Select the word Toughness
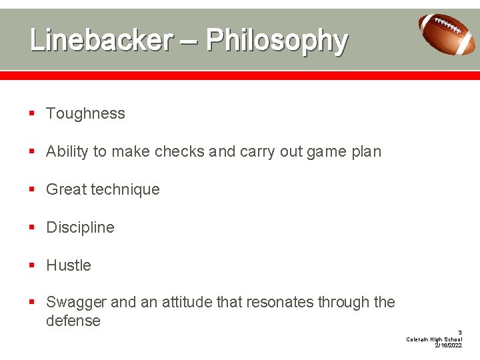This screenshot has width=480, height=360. (x=85, y=113)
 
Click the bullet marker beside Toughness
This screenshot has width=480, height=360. (x=31, y=114)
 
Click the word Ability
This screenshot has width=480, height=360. (x=67, y=151)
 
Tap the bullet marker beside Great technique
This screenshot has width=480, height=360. (x=31, y=190)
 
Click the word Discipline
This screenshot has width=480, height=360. (x=80, y=227)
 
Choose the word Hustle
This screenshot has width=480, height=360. (x=68, y=265)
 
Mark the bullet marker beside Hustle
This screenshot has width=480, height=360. (x=31, y=266)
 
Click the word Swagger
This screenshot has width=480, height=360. (x=76, y=302)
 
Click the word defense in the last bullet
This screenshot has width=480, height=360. (x=73, y=321)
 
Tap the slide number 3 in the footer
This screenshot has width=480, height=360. (x=459, y=332)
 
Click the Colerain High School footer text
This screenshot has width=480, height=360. (x=434, y=339)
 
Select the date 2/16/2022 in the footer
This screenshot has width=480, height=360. (x=448, y=345)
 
